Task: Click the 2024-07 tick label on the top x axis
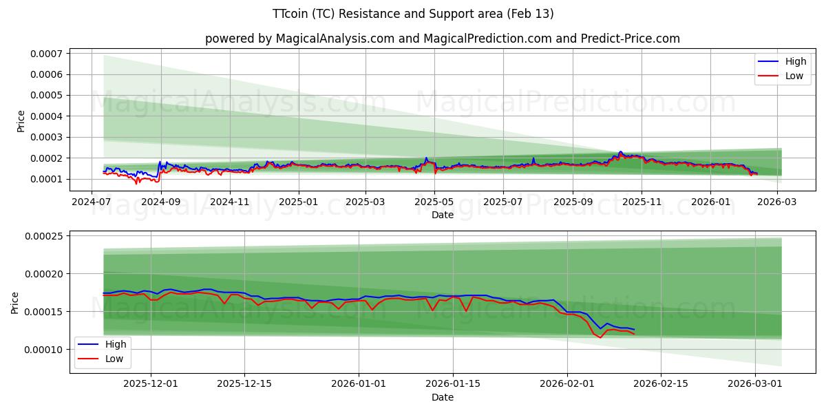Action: click(x=92, y=202)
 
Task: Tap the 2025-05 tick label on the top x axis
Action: click(x=434, y=202)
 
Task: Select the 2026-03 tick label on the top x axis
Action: click(x=777, y=202)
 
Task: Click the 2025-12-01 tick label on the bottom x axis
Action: click(x=151, y=384)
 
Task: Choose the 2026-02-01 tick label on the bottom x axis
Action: click(x=567, y=384)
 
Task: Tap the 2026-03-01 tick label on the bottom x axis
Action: click(x=756, y=384)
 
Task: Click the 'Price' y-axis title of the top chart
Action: click(x=21, y=121)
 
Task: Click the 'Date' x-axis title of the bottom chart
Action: click(x=442, y=397)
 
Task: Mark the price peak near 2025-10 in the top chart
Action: click(x=620, y=152)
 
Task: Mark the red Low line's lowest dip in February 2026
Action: click(x=600, y=337)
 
